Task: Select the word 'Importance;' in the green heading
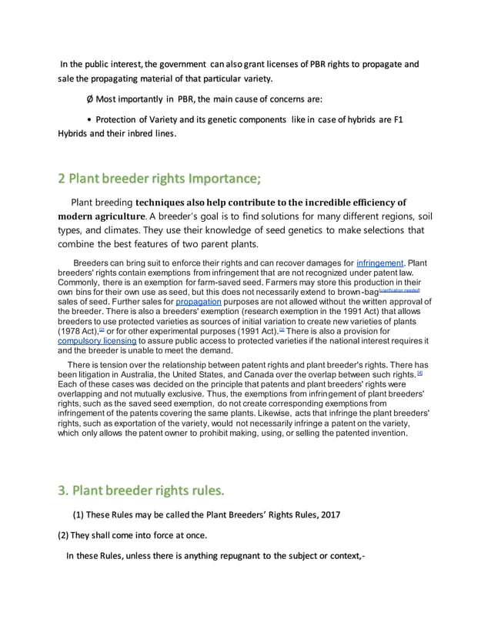click(224, 179)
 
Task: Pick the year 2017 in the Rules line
click(327, 514)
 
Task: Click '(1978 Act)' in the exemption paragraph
click(82, 331)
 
